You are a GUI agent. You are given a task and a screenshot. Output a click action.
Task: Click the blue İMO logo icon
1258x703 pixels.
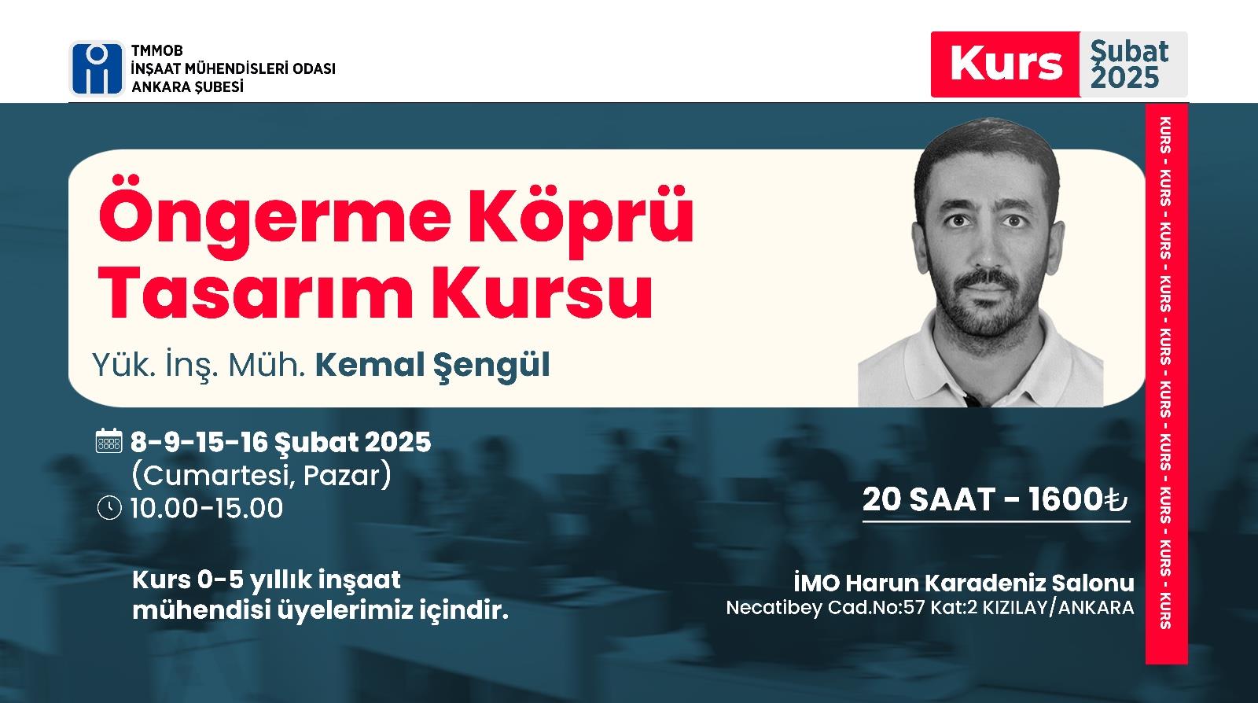click(x=97, y=68)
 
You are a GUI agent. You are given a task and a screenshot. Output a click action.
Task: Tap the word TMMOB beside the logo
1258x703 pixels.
click(x=157, y=50)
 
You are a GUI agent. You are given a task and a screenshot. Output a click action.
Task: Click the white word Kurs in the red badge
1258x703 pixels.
click(x=1006, y=64)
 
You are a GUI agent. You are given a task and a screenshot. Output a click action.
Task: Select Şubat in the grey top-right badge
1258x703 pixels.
click(x=1129, y=52)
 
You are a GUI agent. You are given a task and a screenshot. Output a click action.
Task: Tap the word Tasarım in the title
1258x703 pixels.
click(x=256, y=293)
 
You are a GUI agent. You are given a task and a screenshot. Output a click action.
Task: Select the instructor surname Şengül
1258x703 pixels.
click(x=491, y=366)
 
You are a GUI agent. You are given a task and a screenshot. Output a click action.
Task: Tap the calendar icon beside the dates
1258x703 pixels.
click(x=109, y=440)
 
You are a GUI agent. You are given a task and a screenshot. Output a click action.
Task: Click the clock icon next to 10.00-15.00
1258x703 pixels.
click(x=109, y=508)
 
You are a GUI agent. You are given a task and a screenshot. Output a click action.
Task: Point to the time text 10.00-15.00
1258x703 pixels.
click(x=207, y=508)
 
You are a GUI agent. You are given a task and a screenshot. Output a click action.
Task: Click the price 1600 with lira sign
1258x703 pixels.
click(x=1078, y=499)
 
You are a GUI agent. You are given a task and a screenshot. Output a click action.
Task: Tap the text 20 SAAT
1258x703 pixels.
click(x=929, y=499)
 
